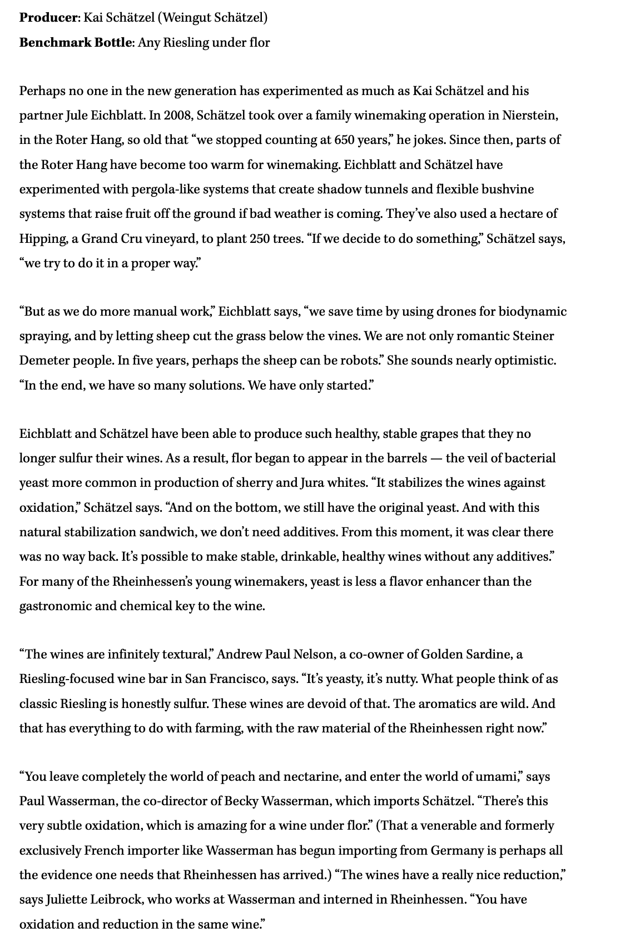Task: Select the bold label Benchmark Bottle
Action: (x=75, y=42)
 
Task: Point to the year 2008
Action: (x=178, y=116)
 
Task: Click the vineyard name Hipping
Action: (x=43, y=239)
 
